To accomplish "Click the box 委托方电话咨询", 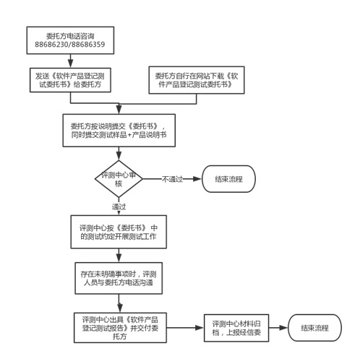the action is click(x=70, y=40).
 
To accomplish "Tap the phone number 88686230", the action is click(x=51, y=45).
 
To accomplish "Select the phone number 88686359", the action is click(x=88, y=45).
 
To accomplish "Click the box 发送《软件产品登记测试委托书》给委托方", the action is click(x=70, y=80).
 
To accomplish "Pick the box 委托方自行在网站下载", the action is click(x=197, y=80).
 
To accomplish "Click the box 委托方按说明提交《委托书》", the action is click(x=119, y=130).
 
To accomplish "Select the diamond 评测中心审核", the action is click(x=119, y=179).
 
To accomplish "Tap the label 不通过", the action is click(x=172, y=179).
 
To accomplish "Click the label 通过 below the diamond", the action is click(x=119, y=206).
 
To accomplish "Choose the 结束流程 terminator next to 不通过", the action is click(x=228, y=179).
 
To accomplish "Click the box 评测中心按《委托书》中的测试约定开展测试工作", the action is click(x=119, y=232).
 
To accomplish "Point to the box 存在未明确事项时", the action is click(x=119, y=278).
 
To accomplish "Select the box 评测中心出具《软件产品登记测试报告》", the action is click(x=120, y=328).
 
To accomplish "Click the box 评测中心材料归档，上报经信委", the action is click(x=236, y=328).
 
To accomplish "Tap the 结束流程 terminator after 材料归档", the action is click(x=314, y=328).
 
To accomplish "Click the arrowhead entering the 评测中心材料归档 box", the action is click(x=200, y=328).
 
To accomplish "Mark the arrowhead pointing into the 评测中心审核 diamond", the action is click(x=119, y=156).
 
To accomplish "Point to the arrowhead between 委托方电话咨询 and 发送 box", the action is click(x=70, y=64).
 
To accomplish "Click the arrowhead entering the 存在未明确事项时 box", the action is click(x=119, y=258).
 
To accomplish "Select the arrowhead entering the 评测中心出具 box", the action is click(x=120, y=308).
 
